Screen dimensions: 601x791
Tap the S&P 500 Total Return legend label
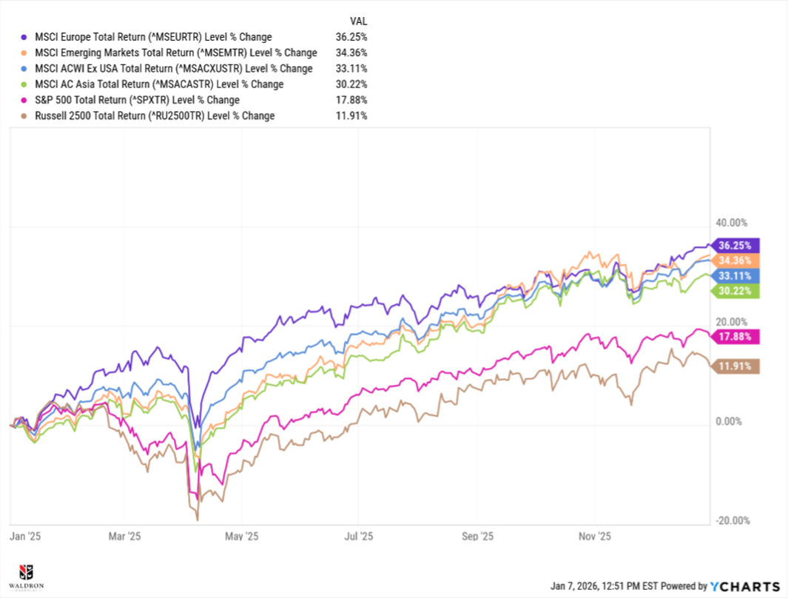pos(137,100)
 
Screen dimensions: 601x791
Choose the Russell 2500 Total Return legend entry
pos(155,115)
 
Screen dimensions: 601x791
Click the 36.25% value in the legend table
pos(351,37)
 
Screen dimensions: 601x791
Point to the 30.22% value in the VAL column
pos(351,84)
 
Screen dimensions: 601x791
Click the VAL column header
pos(358,21)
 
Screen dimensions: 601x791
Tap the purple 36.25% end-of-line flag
pos(735,245)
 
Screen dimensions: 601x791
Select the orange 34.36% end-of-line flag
pos(735,261)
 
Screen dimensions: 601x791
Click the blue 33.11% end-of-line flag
pos(735,276)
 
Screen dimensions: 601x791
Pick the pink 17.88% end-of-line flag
pos(735,337)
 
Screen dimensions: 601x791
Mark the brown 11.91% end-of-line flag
pos(735,366)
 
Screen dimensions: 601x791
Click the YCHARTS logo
pos(745,586)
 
